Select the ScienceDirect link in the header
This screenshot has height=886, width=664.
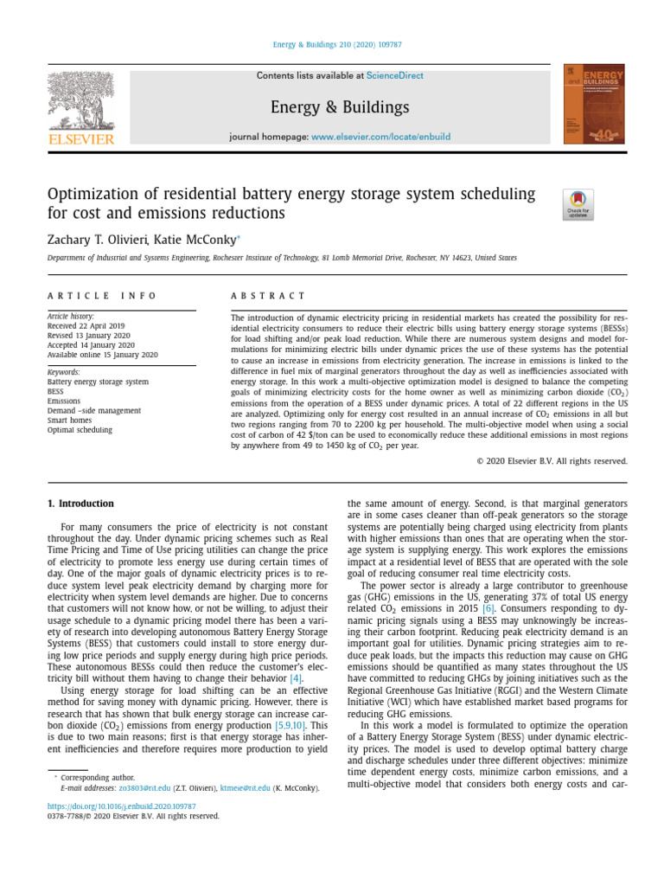pyautogui.click(x=394, y=76)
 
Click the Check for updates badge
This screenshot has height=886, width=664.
pyautogui.click(x=578, y=204)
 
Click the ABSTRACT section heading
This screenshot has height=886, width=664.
pyautogui.click(x=268, y=296)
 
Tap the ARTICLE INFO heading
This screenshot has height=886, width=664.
pyautogui.click(x=102, y=296)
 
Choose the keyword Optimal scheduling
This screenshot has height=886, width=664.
pyautogui.click(x=80, y=430)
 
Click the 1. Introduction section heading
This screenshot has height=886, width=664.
pyautogui.click(x=80, y=504)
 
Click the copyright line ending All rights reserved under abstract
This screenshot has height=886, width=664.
pyautogui.click(x=552, y=461)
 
